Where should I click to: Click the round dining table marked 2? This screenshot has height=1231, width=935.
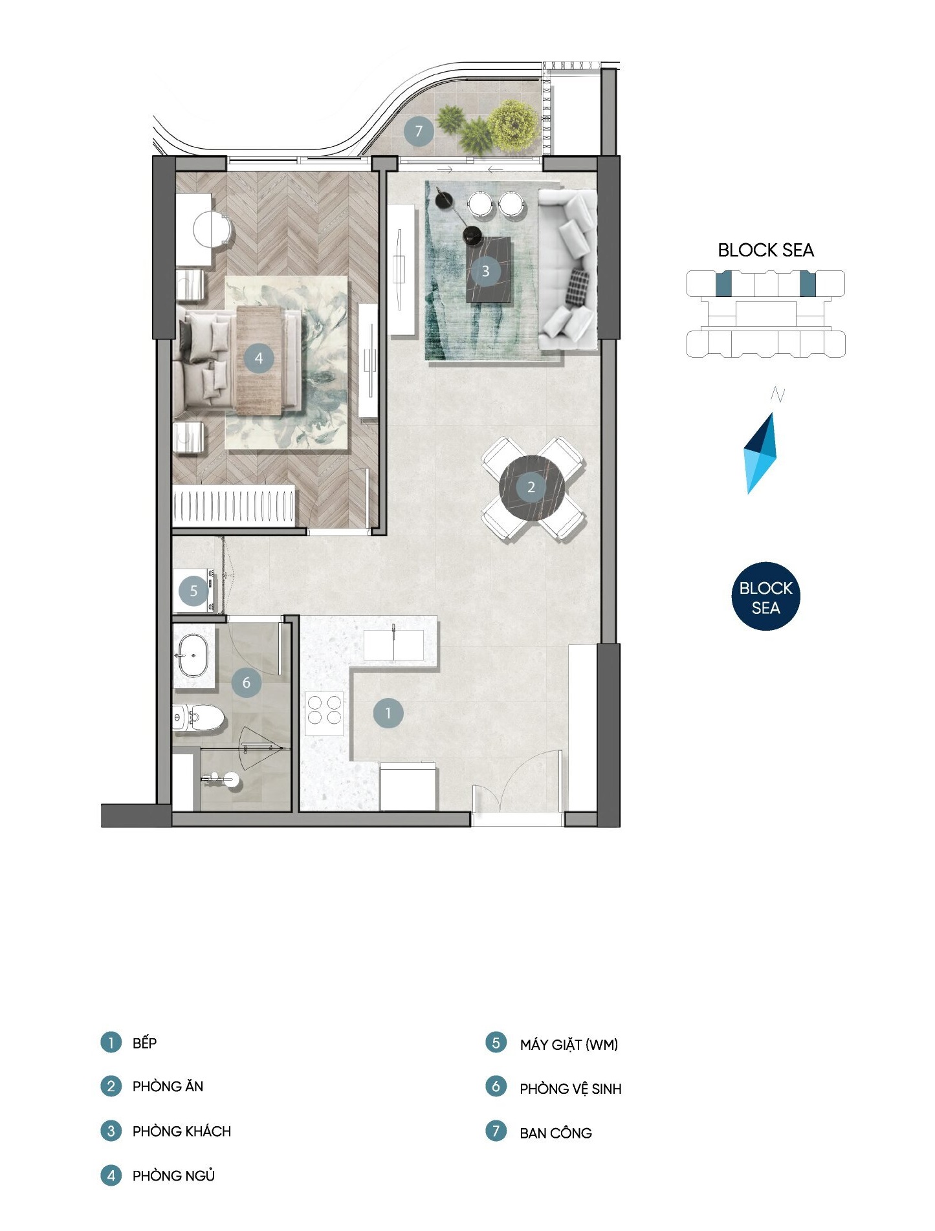click(x=532, y=487)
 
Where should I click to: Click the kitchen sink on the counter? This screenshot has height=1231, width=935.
click(x=393, y=644)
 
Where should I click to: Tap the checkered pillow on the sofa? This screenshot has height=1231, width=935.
click(x=578, y=288)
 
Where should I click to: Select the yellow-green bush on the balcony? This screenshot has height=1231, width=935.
click(x=513, y=125)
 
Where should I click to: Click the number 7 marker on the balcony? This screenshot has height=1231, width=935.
click(x=419, y=131)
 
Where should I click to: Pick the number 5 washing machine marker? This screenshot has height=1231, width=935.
click(x=193, y=591)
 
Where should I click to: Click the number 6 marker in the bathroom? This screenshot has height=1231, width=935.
click(x=247, y=682)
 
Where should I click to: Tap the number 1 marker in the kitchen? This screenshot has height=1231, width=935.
click(x=388, y=713)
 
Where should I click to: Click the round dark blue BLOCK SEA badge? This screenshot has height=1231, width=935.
click(x=765, y=596)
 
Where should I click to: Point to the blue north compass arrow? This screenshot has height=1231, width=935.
click(x=760, y=453)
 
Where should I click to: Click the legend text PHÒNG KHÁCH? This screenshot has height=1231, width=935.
click(x=182, y=1131)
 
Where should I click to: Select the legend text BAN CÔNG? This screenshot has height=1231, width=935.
click(x=556, y=1133)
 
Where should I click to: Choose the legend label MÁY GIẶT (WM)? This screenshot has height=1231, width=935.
click(x=569, y=1045)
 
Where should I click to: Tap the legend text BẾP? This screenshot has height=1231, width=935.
click(x=145, y=1043)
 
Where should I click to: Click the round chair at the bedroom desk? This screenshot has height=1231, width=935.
click(x=212, y=229)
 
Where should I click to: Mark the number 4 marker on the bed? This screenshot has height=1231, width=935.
click(x=259, y=358)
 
